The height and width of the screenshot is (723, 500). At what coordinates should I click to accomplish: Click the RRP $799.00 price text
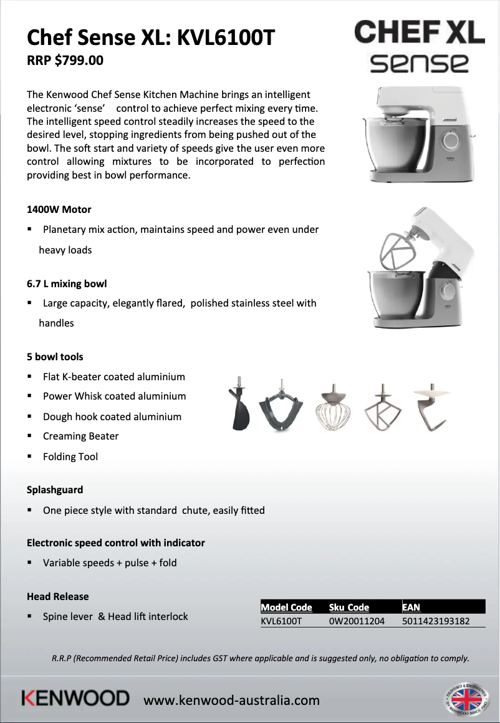click(x=65, y=61)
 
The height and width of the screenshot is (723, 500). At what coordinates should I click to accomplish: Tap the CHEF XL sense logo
click(x=419, y=46)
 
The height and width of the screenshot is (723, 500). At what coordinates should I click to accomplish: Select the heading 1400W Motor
click(x=59, y=209)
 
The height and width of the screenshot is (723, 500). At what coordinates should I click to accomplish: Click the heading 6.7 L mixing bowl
click(x=67, y=283)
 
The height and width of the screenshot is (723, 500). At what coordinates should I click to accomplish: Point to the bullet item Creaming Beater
click(x=80, y=436)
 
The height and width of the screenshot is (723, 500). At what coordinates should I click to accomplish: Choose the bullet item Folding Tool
click(x=70, y=456)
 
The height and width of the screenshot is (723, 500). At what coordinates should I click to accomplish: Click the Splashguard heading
click(x=55, y=489)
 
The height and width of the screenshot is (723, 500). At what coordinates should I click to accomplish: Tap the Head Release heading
click(x=57, y=596)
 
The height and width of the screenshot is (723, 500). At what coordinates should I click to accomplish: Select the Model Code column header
click(x=286, y=607)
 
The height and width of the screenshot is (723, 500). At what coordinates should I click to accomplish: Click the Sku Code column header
click(x=349, y=607)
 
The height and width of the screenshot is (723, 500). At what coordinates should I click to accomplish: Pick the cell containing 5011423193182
click(x=436, y=621)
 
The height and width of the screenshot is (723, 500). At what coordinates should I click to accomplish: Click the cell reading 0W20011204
click(x=357, y=621)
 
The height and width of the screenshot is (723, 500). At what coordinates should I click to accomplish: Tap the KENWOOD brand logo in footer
click(x=75, y=698)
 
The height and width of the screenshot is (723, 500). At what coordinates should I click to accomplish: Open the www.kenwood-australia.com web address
click(x=231, y=700)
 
